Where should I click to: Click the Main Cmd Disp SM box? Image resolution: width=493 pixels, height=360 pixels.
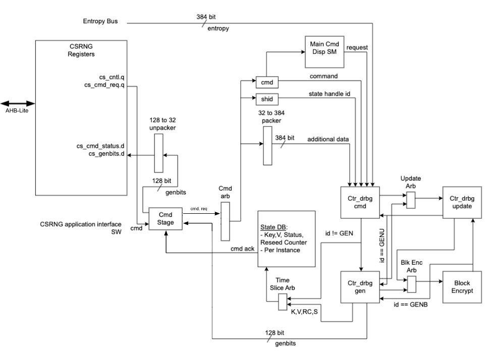tap(324, 51)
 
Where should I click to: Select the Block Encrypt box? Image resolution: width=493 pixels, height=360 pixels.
tap(459, 287)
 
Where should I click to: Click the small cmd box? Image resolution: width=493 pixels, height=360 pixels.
tap(267, 82)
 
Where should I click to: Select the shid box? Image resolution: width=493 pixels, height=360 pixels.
tap(267, 99)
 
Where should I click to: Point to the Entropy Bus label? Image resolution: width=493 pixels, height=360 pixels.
tap(100, 21)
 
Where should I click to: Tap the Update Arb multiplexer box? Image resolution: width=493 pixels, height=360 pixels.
tap(411, 201)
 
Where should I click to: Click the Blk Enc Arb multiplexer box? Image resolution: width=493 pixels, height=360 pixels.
tap(411, 285)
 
